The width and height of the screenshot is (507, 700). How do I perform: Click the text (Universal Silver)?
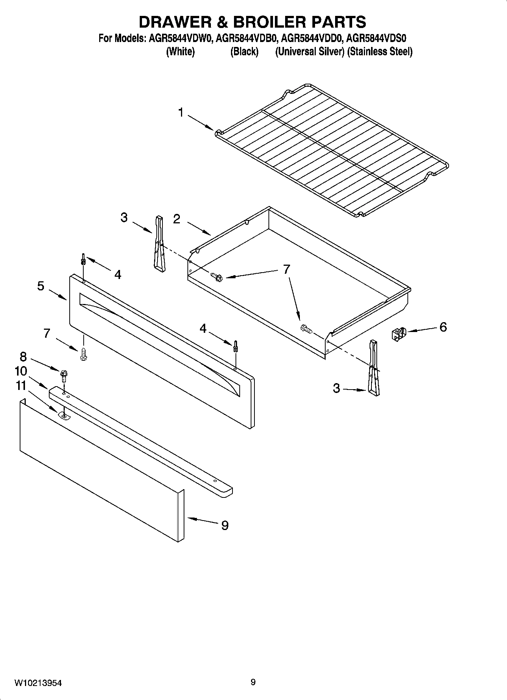point(309,51)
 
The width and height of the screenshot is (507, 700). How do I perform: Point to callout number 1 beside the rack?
point(181,112)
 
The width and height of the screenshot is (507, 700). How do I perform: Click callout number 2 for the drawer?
point(176,219)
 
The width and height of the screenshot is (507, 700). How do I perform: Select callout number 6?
point(443,327)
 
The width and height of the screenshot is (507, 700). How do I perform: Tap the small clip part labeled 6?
point(398,334)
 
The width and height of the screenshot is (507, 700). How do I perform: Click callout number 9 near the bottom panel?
point(225,525)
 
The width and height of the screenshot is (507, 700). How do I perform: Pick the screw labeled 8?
point(63,376)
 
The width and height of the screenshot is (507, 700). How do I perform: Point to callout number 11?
point(20,386)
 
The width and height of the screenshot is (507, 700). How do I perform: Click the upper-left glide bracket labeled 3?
point(159,243)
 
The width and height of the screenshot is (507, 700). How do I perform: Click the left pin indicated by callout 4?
point(83,260)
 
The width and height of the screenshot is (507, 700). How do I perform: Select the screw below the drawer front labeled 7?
point(83,354)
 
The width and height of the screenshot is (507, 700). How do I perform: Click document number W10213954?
point(38,683)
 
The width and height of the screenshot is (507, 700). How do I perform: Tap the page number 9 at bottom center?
point(253,682)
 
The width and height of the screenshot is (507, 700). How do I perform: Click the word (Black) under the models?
point(244,51)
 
